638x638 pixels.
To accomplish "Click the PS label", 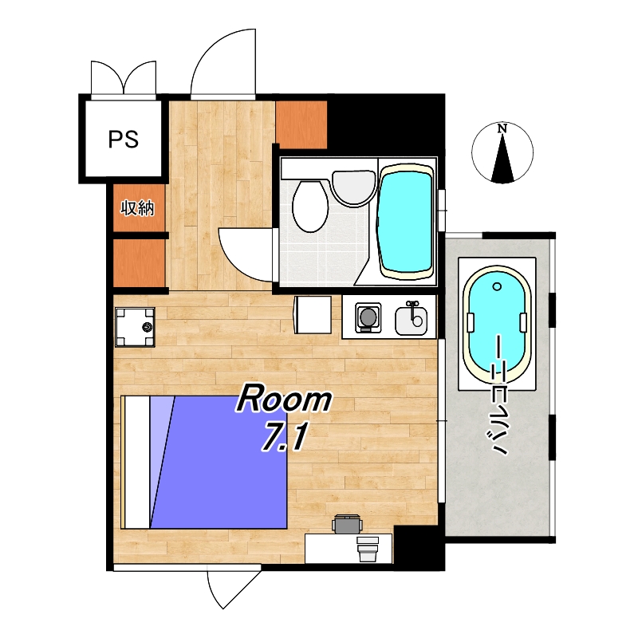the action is tap(124, 139).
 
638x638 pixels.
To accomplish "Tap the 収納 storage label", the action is tap(137, 208).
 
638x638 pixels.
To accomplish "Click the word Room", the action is tap(285, 400).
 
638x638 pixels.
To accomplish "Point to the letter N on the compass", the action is tap(502, 128).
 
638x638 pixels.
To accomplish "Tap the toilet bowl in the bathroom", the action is tap(310, 207).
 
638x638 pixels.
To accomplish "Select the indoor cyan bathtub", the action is tap(405, 222).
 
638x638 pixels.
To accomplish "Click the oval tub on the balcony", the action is tap(497, 324).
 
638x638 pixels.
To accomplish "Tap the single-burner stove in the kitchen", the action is tap(368, 317).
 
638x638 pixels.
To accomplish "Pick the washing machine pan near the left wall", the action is tap(135, 327).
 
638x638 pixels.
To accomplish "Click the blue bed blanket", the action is tap(219, 463).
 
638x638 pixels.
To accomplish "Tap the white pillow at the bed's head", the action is tap(137, 463).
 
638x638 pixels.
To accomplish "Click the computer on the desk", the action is tap(368, 549).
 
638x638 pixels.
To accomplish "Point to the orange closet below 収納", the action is tap(139, 263).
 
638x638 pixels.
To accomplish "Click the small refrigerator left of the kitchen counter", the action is tap(313, 315).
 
